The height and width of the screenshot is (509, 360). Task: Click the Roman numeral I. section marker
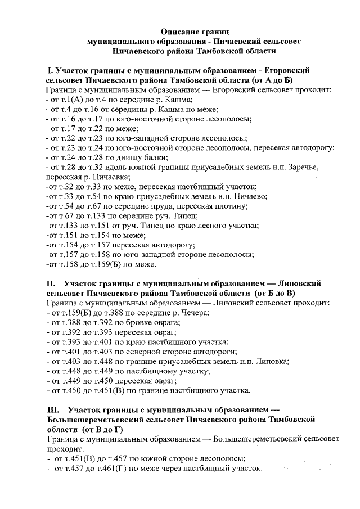(x=49, y=70)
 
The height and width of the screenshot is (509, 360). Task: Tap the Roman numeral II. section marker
(x=51, y=283)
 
